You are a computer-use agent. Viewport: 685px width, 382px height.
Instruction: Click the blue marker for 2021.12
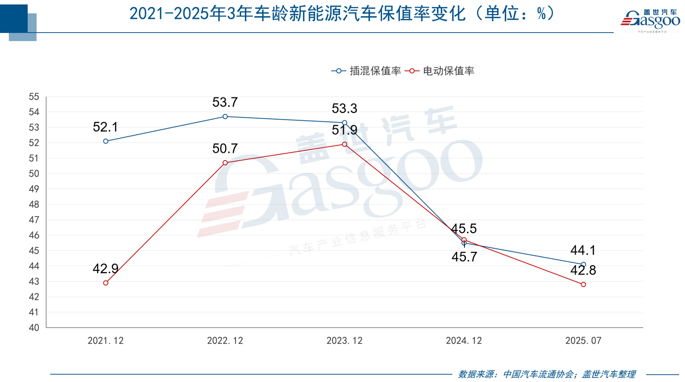pos(106,141)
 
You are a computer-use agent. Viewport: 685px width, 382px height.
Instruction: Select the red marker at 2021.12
pos(106,283)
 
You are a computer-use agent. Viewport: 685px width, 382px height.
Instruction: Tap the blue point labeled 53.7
pos(225,117)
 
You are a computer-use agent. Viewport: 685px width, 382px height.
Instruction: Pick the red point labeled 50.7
pos(225,163)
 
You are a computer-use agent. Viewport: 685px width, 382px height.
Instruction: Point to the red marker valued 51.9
pos(345,144)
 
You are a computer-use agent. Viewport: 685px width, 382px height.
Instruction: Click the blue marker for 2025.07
pos(584,264)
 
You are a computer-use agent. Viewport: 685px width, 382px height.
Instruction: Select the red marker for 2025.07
pos(584,285)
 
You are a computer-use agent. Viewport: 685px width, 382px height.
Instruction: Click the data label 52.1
pos(106,127)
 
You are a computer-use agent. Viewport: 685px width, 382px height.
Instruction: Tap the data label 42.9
pos(106,269)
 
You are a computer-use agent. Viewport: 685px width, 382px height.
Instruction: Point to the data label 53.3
pos(345,109)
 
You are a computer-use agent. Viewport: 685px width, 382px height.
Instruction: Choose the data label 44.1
pos(583,251)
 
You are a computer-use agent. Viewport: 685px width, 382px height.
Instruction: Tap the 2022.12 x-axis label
pos(225,341)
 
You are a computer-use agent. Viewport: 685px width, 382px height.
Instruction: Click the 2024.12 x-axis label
pos(464,341)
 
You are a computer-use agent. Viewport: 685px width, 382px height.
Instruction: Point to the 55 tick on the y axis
pos(34,97)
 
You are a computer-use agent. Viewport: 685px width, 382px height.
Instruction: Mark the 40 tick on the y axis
pos(34,328)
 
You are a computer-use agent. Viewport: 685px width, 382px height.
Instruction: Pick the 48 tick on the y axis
pos(34,205)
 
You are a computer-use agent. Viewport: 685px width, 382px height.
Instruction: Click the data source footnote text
pos(547,374)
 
